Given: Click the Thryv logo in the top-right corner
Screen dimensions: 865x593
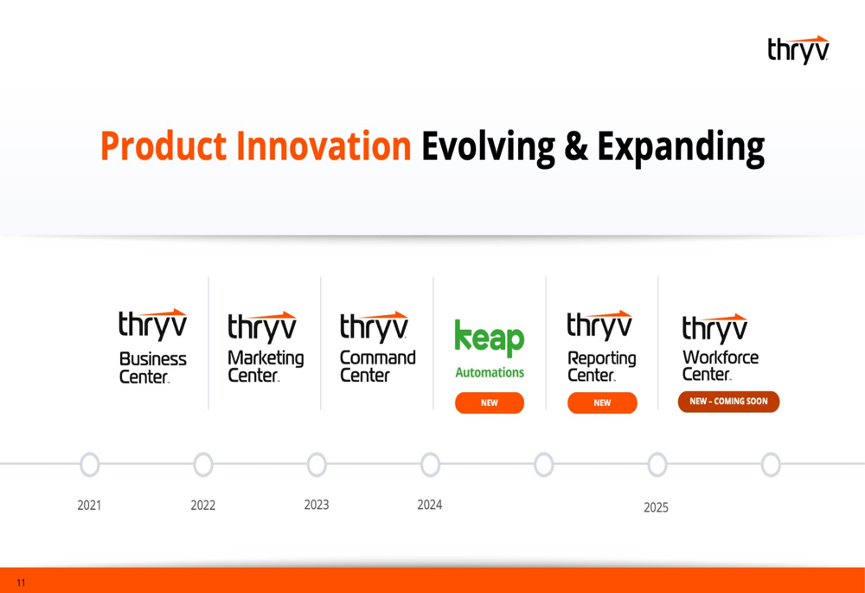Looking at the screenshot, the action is click(798, 49).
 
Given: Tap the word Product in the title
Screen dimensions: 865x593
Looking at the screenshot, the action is click(163, 146).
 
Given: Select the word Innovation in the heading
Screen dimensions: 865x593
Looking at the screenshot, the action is click(324, 145).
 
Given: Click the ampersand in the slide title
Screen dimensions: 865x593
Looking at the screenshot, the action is click(576, 146).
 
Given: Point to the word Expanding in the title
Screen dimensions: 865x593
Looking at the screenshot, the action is click(682, 148).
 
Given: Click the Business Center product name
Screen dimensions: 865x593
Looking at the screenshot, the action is click(153, 368).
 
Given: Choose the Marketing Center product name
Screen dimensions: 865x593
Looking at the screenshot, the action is click(266, 366).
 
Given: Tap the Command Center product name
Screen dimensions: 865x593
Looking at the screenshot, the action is click(378, 366).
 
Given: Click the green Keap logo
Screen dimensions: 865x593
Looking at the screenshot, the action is click(490, 337).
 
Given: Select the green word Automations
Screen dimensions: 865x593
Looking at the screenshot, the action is click(490, 373).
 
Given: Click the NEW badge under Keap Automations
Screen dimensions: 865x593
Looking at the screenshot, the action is click(490, 403).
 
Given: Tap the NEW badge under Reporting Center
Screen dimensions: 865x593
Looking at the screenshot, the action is click(602, 403).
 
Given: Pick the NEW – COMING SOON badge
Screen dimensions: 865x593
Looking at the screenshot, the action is click(728, 402).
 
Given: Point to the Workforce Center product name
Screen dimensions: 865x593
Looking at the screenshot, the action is click(721, 365).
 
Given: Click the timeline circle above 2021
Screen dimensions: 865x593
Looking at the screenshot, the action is click(90, 464).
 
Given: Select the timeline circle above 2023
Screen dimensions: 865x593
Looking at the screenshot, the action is click(317, 464).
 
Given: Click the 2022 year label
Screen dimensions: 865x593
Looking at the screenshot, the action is click(203, 506).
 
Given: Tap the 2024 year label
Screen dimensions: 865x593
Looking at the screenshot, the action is click(430, 505).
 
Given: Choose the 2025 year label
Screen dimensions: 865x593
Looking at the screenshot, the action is click(656, 507).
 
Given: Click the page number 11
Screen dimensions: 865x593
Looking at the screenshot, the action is click(21, 583).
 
